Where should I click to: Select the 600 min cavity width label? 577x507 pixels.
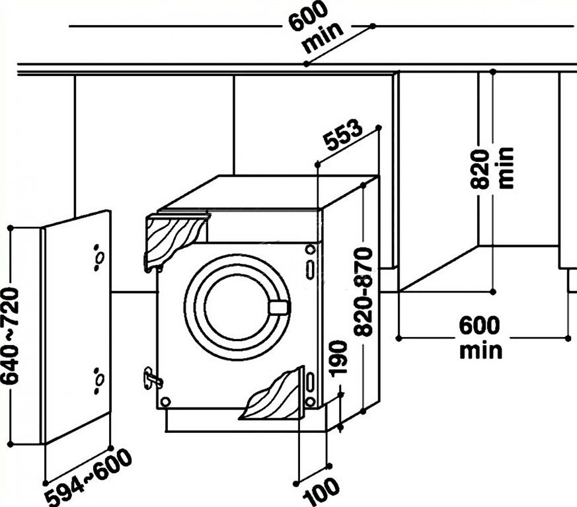[x=481, y=336]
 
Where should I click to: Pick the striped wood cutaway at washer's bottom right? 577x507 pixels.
[x=274, y=397]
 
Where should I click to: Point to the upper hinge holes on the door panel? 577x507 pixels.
[x=98, y=256]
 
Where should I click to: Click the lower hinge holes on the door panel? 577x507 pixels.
[x=98, y=379]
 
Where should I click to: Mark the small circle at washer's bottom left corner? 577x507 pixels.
[x=165, y=401]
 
